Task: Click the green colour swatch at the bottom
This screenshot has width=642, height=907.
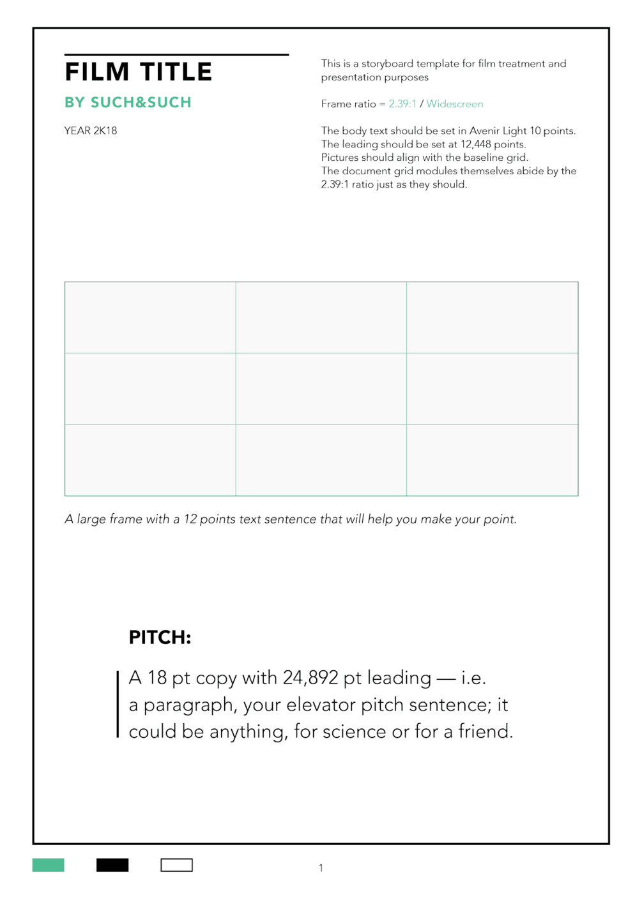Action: click(49, 865)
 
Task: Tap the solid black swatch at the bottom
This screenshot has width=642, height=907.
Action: click(112, 865)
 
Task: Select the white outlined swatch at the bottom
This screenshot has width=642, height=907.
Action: click(176, 865)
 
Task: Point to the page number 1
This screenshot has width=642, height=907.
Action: click(321, 868)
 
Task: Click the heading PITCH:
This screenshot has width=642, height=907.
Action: click(160, 638)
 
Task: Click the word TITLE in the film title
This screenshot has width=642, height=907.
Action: click(176, 72)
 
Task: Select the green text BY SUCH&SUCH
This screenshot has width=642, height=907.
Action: click(128, 103)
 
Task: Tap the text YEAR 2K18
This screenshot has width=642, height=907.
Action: click(91, 131)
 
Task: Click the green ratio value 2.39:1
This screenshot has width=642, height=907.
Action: click(402, 104)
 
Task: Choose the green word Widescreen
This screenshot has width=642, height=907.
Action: click(455, 104)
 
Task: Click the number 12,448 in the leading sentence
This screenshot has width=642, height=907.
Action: click(476, 144)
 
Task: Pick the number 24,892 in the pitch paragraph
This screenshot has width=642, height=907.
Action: click(310, 678)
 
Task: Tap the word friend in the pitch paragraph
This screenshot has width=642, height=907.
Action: click(484, 731)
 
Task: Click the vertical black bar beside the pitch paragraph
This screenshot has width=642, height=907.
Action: click(118, 704)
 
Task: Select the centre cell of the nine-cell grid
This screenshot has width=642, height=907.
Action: click(321, 389)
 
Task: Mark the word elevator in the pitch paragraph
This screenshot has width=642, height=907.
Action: click(321, 705)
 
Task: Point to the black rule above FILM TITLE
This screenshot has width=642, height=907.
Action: click(176, 55)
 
